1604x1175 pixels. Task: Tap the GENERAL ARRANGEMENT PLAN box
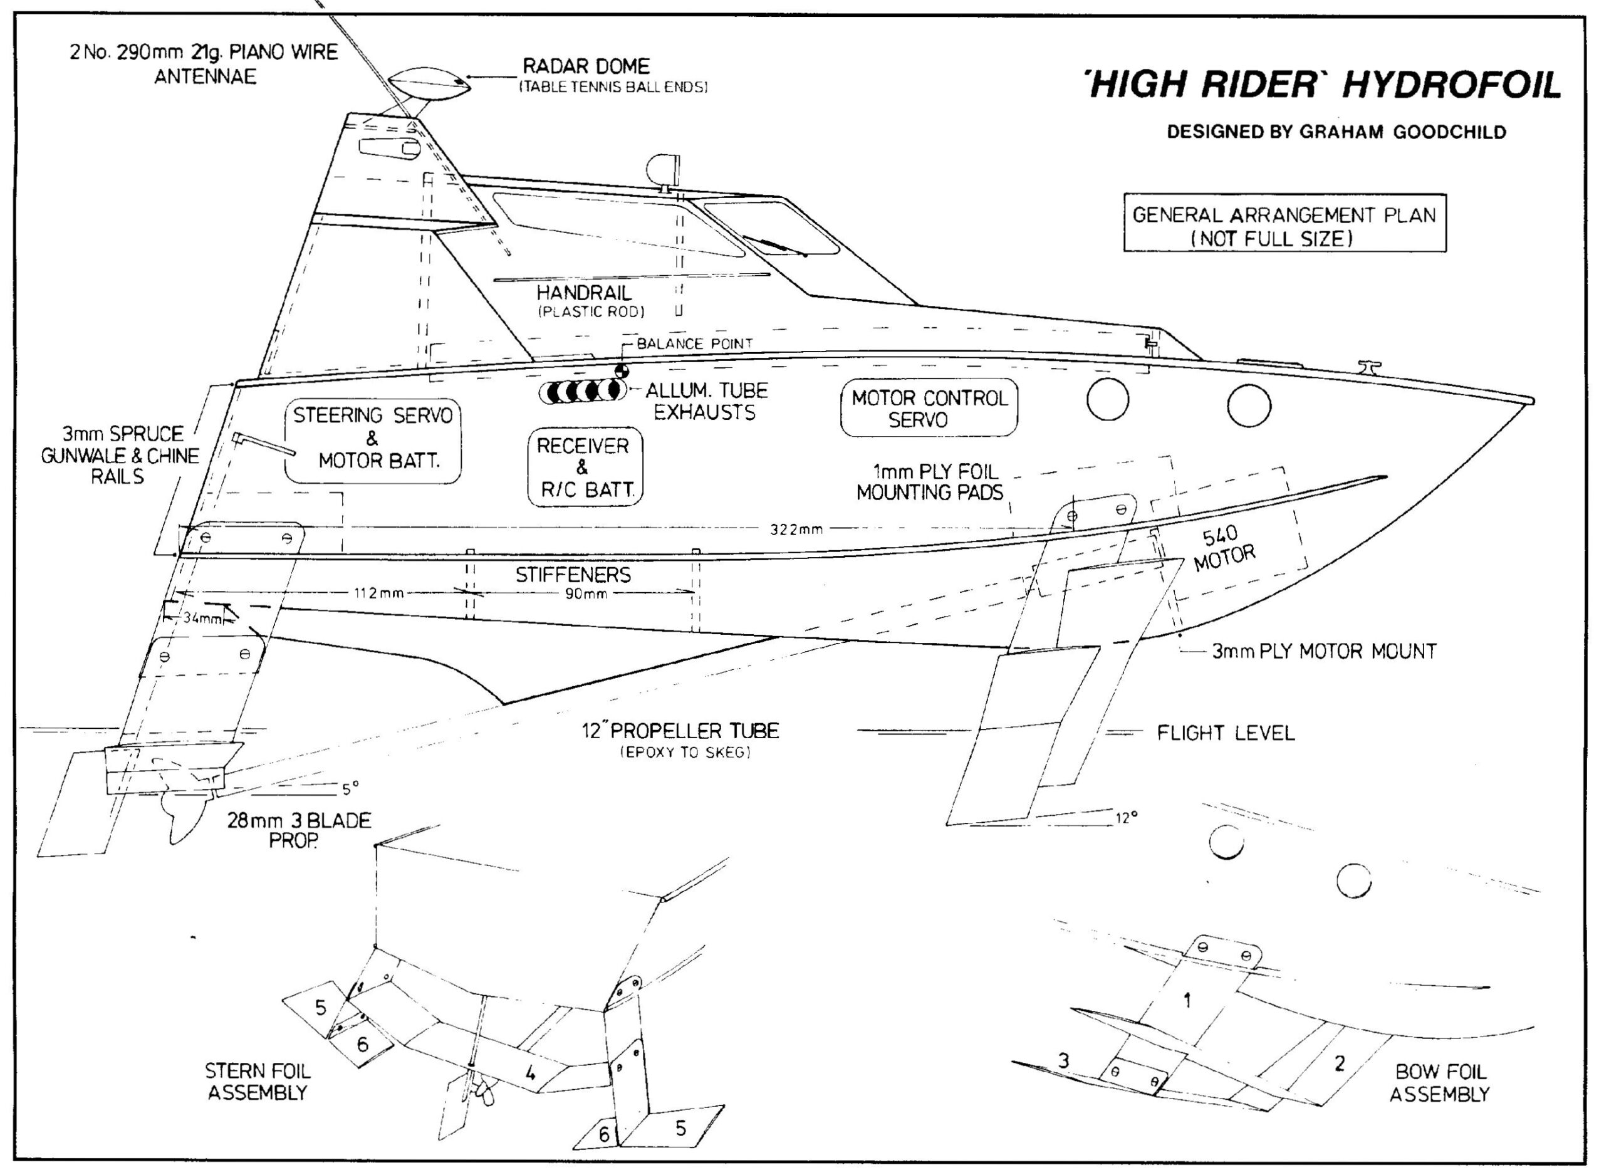pyautogui.click(x=1284, y=222)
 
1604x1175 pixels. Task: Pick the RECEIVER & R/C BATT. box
pyautogui.click(x=585, y=467)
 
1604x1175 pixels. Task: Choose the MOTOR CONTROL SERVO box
pyautogui.click(x=929, y=407)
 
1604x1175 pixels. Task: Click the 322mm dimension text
pyautogui.click(x=796, y=529)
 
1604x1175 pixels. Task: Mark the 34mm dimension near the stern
pyautogui.click(x=202, y=617)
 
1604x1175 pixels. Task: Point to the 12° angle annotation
pyautogui.click(x=1125, y=818)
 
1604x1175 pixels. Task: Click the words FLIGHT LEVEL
pyautogui.click(x=1226, y=733)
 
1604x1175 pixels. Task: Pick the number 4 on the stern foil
pyautogui.click(x=529, y=1073)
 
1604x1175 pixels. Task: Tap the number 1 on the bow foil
pyautogui.click(x=1186, y=1001)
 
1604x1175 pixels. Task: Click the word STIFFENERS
pyautogui.click(x=573, y=574)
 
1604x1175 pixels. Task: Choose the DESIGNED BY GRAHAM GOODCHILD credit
pyautogui.click(x=1336, y=132)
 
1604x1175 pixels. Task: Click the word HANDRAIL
pyautogui.click(x=584, y=292)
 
